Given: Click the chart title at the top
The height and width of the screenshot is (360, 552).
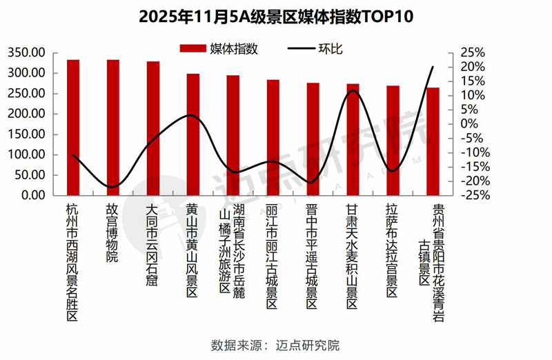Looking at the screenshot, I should click(x=276, y=16).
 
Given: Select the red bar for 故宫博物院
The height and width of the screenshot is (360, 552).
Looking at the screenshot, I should click(x=113, y=128).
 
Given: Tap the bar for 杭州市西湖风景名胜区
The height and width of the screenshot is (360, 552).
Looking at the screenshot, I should click(x=73, y=128).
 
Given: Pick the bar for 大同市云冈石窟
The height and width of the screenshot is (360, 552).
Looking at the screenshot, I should click(x=153, y=128).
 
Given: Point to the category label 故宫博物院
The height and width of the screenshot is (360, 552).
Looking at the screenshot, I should click(x=112, y=232).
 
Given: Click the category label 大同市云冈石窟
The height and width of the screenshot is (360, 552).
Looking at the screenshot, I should click(x=152, y=244).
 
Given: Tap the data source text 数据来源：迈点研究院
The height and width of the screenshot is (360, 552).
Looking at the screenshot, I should click(x=275, y=345).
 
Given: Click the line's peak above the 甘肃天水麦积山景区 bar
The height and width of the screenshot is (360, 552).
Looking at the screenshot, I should click(x=354, y=91).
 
